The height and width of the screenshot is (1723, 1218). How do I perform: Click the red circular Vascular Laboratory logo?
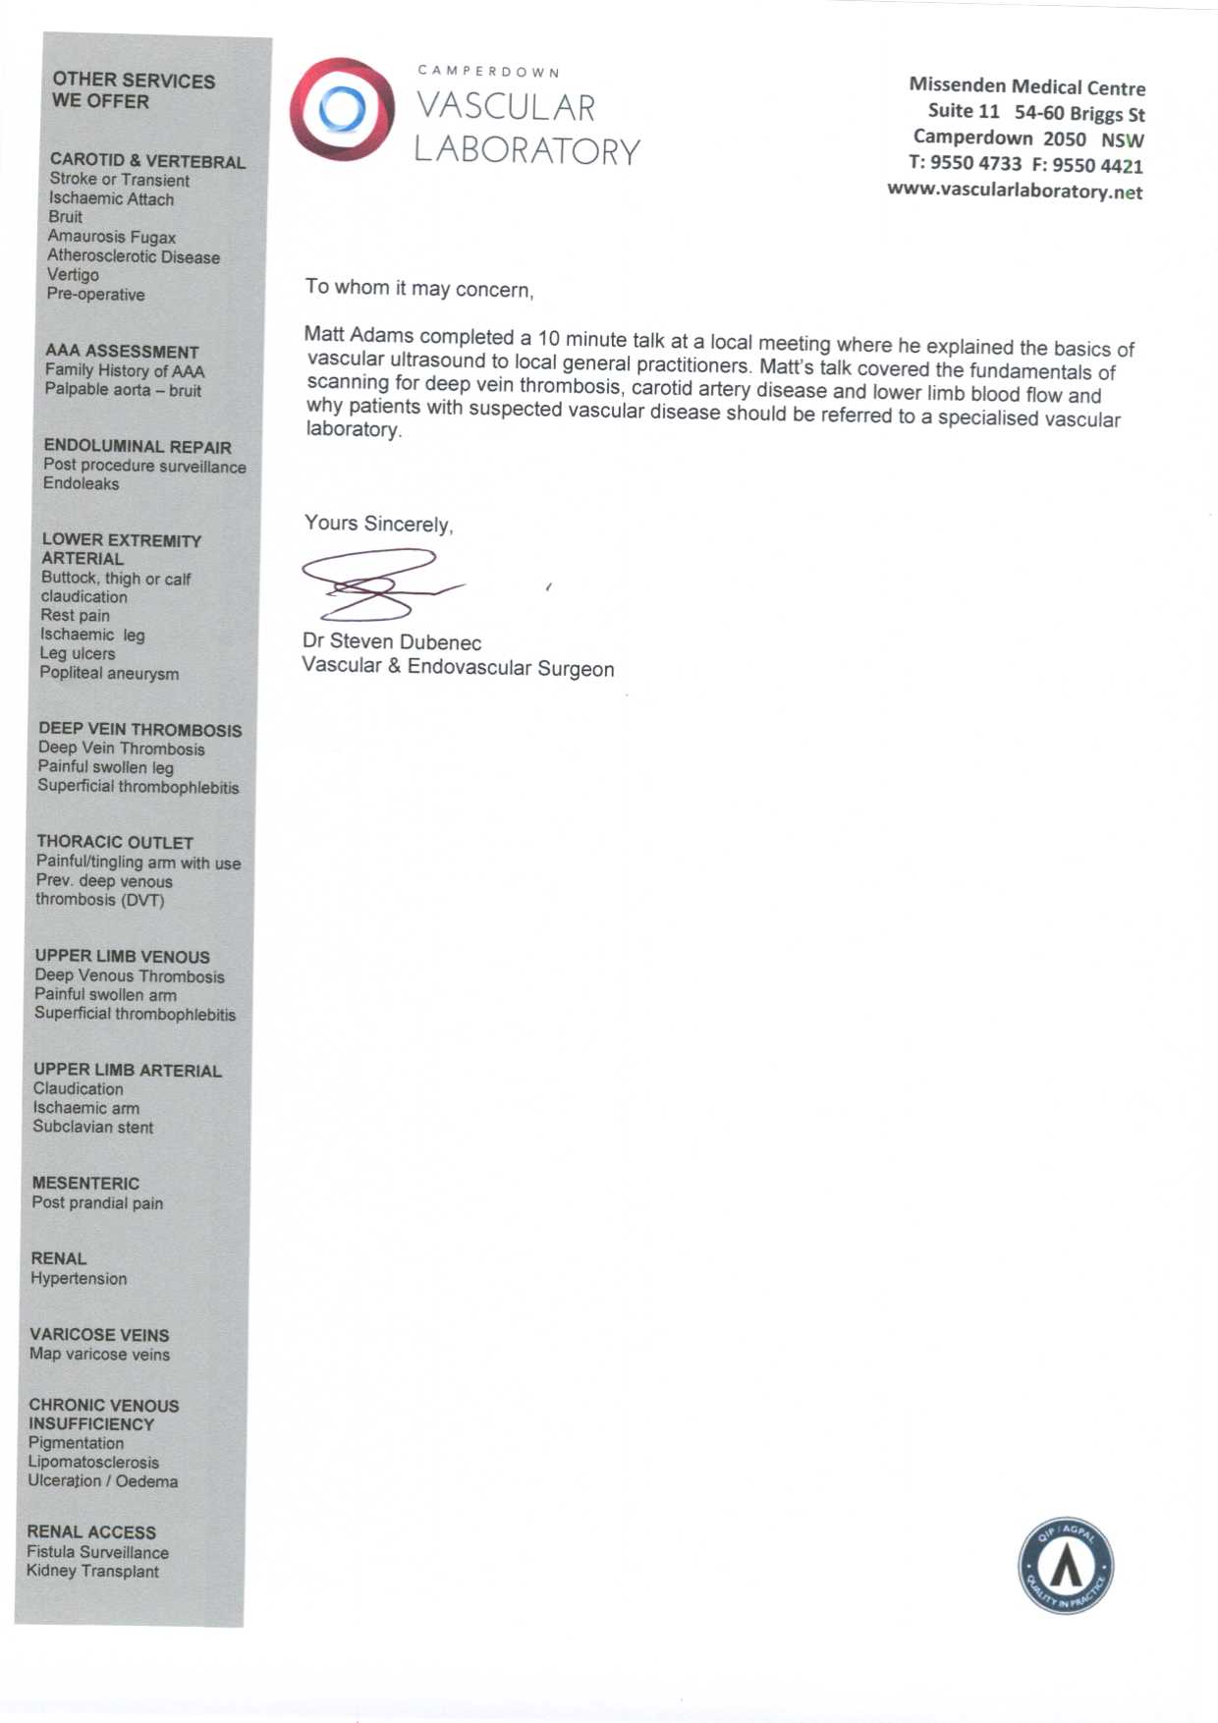pos(342,110)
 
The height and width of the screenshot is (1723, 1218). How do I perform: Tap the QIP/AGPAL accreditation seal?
pos(1065,1565)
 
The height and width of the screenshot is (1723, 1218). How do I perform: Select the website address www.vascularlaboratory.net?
pos(1015,191)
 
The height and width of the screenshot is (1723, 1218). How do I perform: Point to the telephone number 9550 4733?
pos(975,163)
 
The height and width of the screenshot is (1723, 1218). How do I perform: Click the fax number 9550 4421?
pos(1097,165)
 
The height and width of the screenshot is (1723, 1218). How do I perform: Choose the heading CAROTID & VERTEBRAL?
pos(147,161)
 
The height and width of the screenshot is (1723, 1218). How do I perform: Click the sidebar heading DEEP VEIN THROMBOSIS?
pos(139,729)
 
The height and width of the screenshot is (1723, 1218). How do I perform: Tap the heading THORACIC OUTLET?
pos(114,842)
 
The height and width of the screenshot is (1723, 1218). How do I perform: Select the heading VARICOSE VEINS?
pos(99,1334)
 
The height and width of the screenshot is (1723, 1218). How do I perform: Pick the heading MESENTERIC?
pos(85,1183)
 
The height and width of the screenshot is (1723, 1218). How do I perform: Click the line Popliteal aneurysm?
pos(109,673)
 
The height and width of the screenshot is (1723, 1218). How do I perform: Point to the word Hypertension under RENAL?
pos(79,1278)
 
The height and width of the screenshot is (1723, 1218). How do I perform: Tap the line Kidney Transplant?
pos(92,1571)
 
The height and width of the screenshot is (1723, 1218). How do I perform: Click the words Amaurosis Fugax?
pos(112,237)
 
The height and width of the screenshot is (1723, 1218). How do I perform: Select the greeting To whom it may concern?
pos(418,288)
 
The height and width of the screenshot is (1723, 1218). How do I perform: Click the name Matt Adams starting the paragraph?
pos(359,335)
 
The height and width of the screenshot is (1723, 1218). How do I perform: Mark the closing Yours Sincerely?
pos(378,524)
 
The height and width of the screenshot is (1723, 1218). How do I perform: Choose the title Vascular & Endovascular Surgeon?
pos(458,667)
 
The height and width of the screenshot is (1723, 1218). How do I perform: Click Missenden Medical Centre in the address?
pos(1026,86)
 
